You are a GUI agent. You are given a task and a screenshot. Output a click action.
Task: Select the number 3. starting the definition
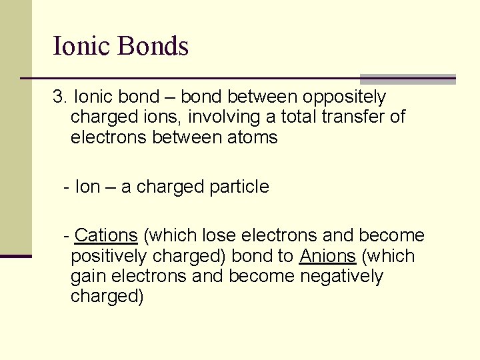click(x=60, y=97)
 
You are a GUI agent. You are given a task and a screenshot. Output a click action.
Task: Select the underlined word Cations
click(x=106, y=235)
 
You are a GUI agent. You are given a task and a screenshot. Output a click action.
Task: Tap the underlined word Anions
click(x=327, y=256)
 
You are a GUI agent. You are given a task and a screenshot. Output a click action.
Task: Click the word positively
click(x=110, y=256)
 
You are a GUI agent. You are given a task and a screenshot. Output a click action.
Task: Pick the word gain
click(x=85, y=276)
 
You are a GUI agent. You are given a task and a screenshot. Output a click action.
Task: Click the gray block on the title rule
click(x=407, y=79)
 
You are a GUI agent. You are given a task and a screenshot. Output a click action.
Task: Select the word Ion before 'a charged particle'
click(x=87, y=187)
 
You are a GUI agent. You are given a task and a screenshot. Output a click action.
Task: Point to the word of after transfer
click(x=397, y=117)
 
